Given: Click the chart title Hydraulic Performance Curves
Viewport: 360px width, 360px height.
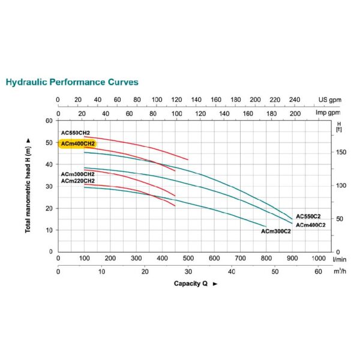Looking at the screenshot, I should tap(71, 82).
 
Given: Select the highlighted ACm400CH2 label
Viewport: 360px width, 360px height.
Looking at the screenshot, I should tap(77, 143).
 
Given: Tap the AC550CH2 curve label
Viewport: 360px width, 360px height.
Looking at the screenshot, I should tap(75, 133).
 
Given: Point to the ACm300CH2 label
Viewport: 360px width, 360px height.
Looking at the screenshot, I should tap(77, 174).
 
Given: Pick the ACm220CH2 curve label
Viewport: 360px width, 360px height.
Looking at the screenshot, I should tap(77, 180).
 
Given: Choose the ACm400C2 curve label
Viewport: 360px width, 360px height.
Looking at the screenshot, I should tap(311, 224).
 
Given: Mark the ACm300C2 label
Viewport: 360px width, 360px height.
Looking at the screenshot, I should tap(275, 231).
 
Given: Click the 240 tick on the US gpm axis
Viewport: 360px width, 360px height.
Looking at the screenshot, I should tap(294, 100).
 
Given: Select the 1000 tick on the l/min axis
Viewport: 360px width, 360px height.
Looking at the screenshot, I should tap(317, 258).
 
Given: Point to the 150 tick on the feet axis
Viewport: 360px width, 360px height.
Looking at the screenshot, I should tap(341, 152).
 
